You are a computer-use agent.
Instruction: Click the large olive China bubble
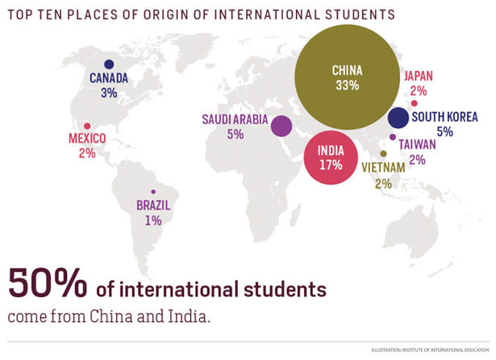point(347,77)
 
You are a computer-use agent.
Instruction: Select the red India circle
point(330,157)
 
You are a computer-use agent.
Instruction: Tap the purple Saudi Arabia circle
point(281,126)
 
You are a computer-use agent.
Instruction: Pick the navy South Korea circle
point(398,118)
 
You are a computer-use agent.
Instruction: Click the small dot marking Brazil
point(153,191)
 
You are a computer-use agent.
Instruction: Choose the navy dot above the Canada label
point(109,64)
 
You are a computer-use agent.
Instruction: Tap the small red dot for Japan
point(414,103)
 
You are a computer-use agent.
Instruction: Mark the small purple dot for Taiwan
point(393,136)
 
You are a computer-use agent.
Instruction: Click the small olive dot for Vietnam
point(383,153)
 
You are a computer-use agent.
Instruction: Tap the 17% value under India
point(330,165)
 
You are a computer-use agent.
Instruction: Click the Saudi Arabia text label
point(235,119)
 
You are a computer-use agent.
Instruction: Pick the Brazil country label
point(153,205)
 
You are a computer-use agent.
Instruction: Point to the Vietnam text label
point(383,168)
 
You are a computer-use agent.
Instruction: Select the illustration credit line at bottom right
point(428,350)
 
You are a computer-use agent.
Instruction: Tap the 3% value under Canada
point(109,93)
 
